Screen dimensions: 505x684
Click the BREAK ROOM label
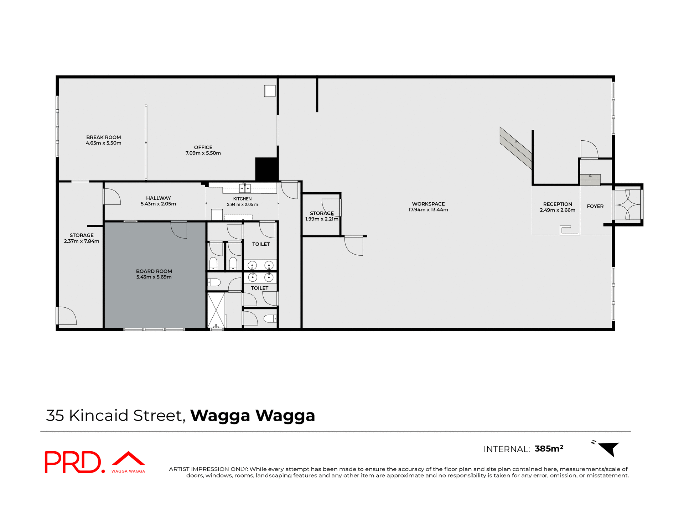[103, 137]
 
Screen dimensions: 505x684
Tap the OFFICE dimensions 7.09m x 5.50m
[203, 153]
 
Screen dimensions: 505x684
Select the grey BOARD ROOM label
[154, 271]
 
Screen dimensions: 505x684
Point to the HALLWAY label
[158, 198]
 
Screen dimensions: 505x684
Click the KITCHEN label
[242, 199]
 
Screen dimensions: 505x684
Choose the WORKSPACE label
[428, 204]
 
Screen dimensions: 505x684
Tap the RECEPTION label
[558, 204]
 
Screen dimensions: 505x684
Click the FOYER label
[595, 206]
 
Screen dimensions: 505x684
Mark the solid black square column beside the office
[266, 169]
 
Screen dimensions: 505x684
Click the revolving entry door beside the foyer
[627, 205]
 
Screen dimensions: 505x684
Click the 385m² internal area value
[549, 449]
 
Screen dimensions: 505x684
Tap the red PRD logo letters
[73, 462]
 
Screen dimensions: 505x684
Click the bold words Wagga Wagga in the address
[253, 416]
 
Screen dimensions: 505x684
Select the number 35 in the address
[55, 416]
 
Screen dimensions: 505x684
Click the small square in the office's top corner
[270, 91]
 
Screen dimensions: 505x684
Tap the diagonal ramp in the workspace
[515, 147]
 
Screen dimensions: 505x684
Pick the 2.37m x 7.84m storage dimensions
[82, 241]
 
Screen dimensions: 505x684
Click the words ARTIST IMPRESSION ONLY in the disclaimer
[208, 469]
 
